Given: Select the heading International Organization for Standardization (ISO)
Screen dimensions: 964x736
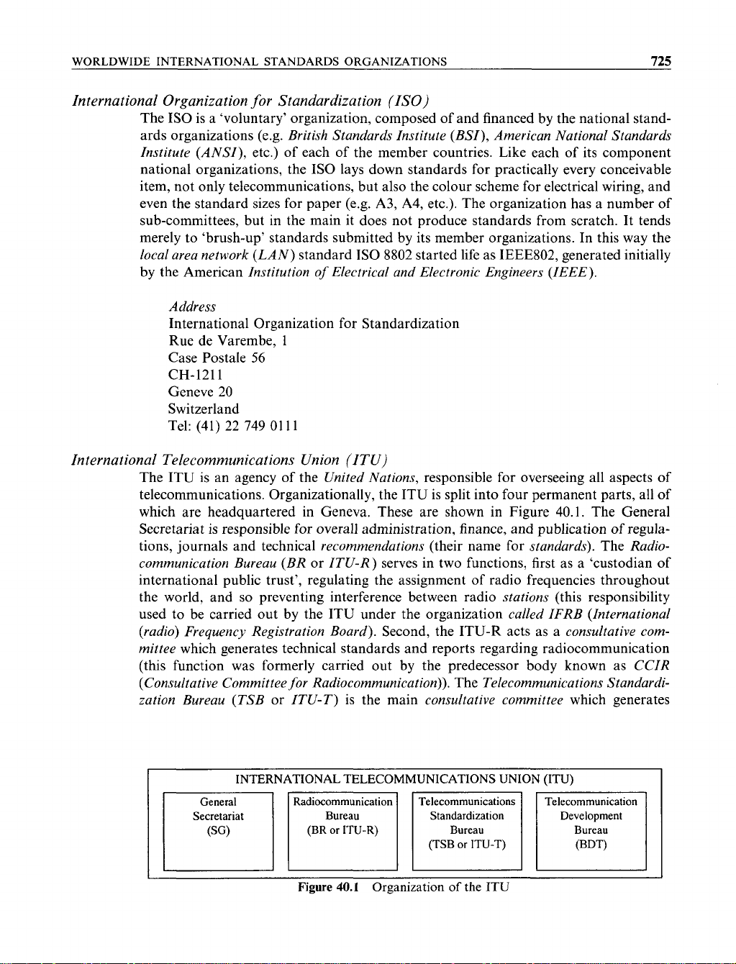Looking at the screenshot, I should click(251, 100).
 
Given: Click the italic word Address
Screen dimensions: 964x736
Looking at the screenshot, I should click(192, 307).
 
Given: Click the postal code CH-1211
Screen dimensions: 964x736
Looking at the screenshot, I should click(196, 375).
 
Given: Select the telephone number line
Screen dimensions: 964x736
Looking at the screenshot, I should click(233, 427).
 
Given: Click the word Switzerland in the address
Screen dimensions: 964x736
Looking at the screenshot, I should click(204, 409).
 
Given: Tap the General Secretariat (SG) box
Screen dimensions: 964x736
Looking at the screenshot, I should click(219, 830).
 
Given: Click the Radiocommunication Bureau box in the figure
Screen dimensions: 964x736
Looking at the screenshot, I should click(342, 830).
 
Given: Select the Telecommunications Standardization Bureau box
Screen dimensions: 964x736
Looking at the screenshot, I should click(467, 830).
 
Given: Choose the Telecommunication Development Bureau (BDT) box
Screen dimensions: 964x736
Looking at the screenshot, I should click(591, 830).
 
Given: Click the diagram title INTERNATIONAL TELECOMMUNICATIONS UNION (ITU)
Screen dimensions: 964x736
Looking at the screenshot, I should click(404, 779).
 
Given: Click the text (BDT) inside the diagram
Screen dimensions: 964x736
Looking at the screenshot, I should click(591, 845).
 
